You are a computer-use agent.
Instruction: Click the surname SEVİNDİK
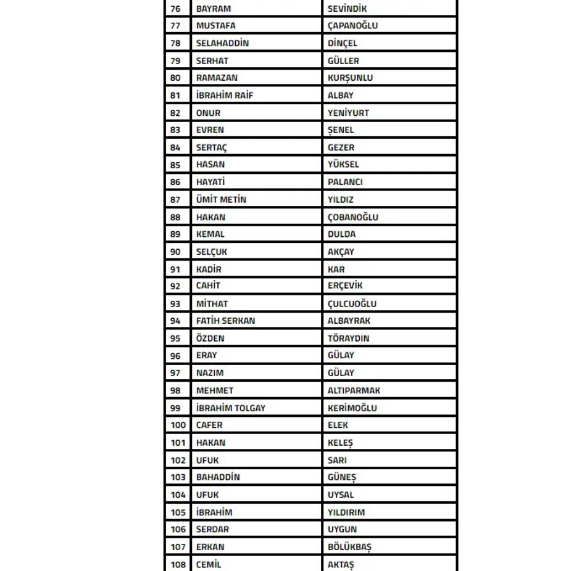(x=347, y=9)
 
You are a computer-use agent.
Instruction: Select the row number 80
(x=176, y=78)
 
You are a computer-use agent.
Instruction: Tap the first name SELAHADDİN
(x=222, y=43)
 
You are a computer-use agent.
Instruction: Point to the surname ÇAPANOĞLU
(x=352, y=26)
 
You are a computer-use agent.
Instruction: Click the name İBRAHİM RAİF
(x=225, y=96)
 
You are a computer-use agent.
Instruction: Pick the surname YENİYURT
(x=348, y=113)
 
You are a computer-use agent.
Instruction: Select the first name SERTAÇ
(x=212, y=147)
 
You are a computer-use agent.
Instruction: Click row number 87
(x=176, y=200)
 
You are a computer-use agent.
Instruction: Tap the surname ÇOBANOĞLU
(x=353, y=217)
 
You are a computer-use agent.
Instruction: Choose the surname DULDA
(x=341, y=234)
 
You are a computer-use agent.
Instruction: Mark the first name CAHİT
(x=208, y=286)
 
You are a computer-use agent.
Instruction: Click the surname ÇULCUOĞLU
(x=352, y=303)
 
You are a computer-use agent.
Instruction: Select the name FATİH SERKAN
(x=225, y=321)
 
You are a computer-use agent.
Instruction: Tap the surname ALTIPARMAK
(x=354, y=390)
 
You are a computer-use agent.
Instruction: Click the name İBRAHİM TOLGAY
(x=231, y=408)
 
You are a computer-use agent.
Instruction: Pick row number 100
(x=178, y=425)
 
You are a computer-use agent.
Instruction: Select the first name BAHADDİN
(x=218, y=477)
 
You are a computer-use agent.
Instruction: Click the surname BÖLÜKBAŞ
(x=349, y=547)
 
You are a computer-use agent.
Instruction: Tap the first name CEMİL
(x=209, y=564)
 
